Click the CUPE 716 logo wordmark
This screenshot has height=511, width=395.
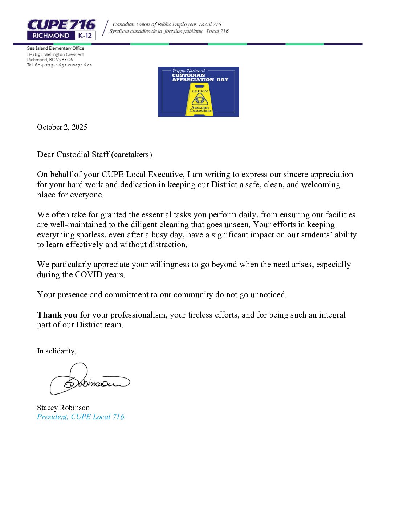point(61,25)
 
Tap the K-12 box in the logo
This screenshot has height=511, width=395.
point(85,36)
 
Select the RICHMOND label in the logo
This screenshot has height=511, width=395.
point(51,36)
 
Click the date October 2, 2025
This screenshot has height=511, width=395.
point(62,127)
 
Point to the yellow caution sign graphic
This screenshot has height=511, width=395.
point(200,101)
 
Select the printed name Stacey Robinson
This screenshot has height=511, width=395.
point(63,408)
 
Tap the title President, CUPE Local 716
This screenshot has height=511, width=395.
point(81,417)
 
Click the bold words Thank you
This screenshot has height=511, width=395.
point(57,315)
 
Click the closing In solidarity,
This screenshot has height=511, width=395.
point(57,351)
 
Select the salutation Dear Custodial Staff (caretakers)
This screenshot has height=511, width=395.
point(94,155)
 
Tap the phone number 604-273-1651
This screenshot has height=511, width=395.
point(50,65)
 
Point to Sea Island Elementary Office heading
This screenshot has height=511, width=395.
point(56,48)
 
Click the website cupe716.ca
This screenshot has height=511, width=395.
point(80,65)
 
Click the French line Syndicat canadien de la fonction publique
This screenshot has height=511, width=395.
point(156,32)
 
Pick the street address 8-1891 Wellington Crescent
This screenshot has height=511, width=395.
point(56,54)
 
